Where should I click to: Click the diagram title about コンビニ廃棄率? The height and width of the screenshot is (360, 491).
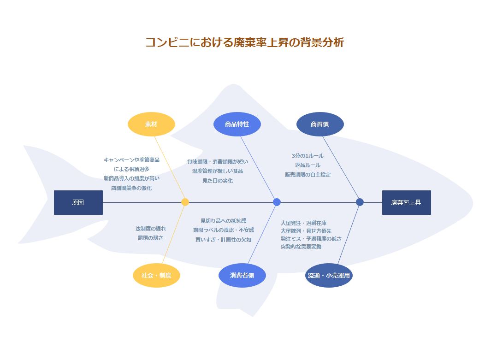(x=245, y=42)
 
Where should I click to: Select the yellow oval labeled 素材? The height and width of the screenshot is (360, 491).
(x=151, y=124)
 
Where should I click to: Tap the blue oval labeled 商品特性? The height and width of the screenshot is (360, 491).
(x=237, y=124)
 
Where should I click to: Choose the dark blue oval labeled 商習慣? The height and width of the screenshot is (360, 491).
(x=320, y=124)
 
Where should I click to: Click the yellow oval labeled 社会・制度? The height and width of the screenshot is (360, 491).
(x=156, y=276)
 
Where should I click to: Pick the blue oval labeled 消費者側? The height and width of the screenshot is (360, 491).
(x=242, y=276)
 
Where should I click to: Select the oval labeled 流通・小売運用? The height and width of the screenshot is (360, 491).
(x=329, y=276)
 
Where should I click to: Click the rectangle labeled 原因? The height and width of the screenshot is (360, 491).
(x=78, y=202)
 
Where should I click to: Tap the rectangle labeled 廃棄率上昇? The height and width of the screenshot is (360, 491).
(x=406, y=202)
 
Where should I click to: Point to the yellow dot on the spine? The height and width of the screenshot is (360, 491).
(x=185, y=202)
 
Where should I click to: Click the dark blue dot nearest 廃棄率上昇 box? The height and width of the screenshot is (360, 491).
(x=360, y=202)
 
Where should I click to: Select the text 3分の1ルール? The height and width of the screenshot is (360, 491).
(x=308, y=156)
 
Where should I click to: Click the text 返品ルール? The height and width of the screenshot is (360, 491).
(x=308, y=165)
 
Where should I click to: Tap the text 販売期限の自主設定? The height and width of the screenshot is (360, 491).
(x=308, y=175)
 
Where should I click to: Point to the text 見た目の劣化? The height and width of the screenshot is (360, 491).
(x=218, y=181)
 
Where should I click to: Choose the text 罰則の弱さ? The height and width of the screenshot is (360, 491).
(x=151, y=238)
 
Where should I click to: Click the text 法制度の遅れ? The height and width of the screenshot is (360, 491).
(x=151, y=229)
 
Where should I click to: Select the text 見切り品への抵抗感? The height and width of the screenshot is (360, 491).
(x=223, y=221)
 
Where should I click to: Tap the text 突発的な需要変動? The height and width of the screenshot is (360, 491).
(x=301, y=247)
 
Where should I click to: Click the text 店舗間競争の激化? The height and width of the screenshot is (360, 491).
(x=131, y=188)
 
